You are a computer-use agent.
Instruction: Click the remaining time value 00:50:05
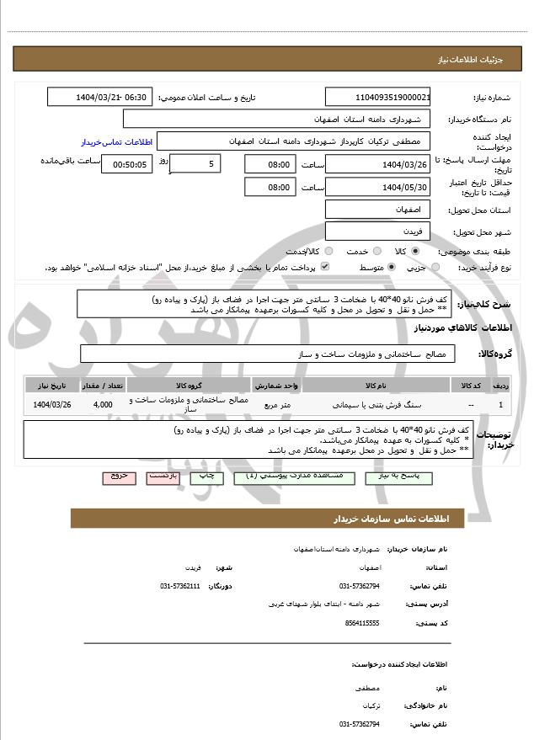click(126, 164)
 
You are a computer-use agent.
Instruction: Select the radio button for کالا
click(414, 251)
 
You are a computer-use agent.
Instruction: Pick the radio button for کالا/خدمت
click(328, 251)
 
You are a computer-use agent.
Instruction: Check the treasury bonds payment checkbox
click(325, 267)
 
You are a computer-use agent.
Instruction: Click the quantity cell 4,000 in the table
click(103, 405)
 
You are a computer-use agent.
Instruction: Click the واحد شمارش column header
click(275, 385)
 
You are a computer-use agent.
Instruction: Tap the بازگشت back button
click(162, 476)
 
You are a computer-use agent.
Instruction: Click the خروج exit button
click(119, 476)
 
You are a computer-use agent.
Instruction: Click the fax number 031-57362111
click(180, 585)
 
